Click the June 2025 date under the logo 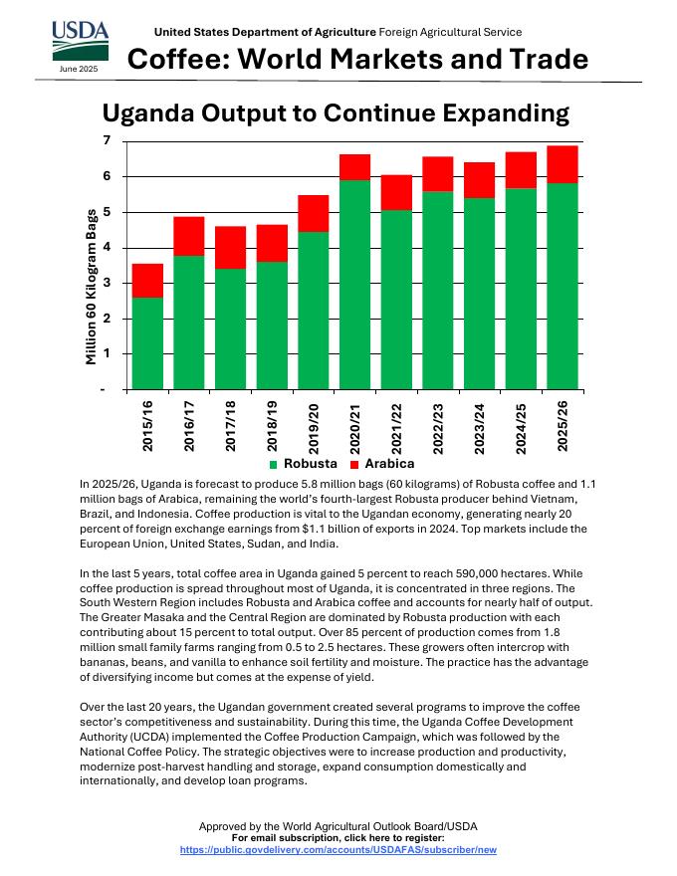[78, 70]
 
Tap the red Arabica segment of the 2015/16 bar [147, 280]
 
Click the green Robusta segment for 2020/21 [354, 284]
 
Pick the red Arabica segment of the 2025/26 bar [563, 164]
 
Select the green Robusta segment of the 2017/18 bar [230, 328]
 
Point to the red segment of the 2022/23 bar [438, 173]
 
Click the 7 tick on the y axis [107, 141]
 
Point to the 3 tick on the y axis [107, 284]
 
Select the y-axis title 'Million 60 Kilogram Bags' [91, 286]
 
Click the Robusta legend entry [304, 464]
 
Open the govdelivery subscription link [338, 849]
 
